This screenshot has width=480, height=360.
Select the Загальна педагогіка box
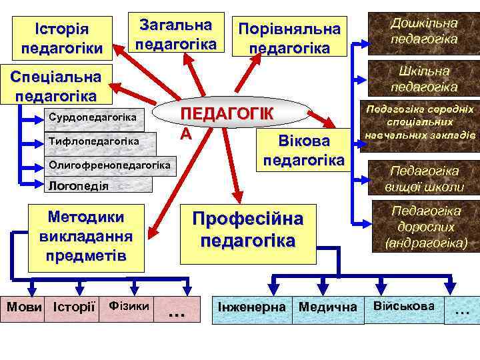pos(176,35)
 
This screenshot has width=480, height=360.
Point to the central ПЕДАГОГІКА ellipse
pos(229,116)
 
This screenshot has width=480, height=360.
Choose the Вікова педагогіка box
pos(304,151)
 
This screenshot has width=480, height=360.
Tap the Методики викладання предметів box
pos(87,237)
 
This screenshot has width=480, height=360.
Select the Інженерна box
pos(252,308)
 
